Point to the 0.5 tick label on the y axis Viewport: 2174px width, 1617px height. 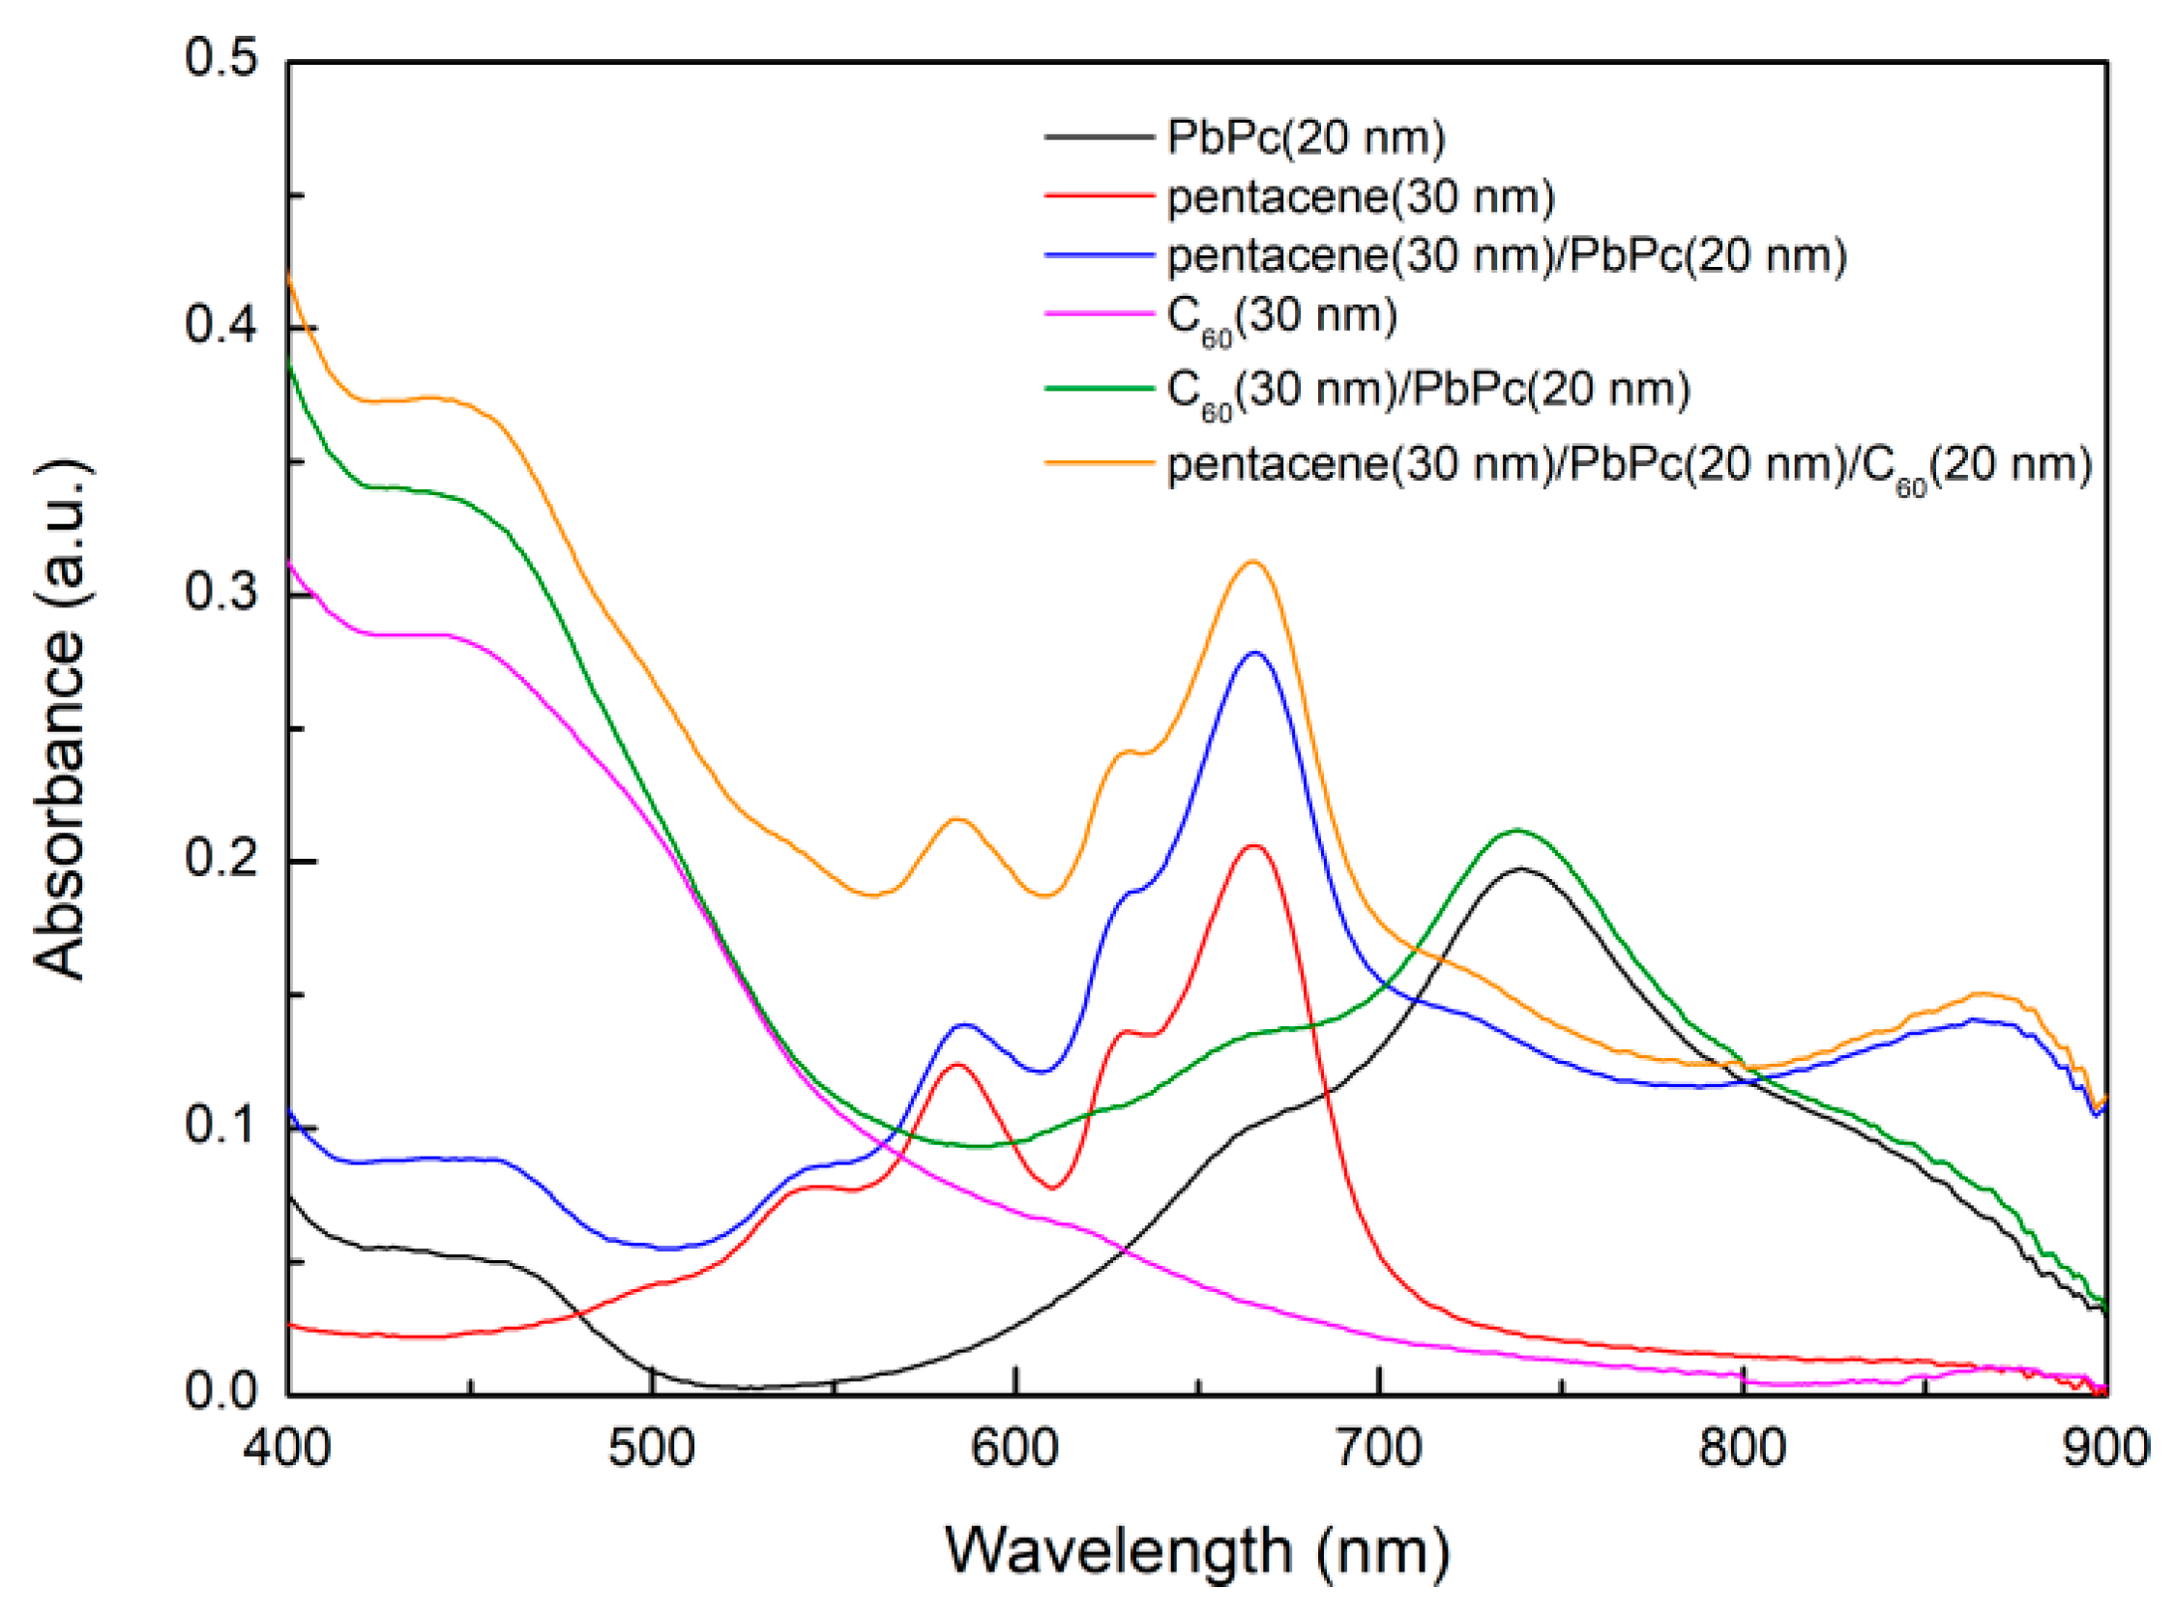(x=220, y=59)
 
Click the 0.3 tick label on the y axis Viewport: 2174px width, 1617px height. (x=220, y=593)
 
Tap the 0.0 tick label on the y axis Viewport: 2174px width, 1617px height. (x=220, y=1392)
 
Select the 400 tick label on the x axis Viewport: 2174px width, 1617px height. (x=287, y=1448)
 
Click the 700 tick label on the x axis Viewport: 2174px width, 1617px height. (x=1379, y=1448)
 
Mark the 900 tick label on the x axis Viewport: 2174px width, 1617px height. (x=2105, y=1448)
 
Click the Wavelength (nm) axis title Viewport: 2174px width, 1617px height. (x=1196, y=1551)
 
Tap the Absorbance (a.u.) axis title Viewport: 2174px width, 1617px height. (x=61, y=720)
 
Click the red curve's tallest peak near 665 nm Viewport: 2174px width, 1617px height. (x=1253, y=845)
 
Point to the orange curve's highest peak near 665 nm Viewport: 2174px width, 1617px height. (x=1252, y=562)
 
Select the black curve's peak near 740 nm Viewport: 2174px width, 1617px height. (x=1520, y=868)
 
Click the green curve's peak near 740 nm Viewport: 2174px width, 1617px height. (x=1517, y=830)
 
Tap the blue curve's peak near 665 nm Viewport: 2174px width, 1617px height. (x=1255, y=653)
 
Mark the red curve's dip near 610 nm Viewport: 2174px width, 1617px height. (x=1053, y=1188)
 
